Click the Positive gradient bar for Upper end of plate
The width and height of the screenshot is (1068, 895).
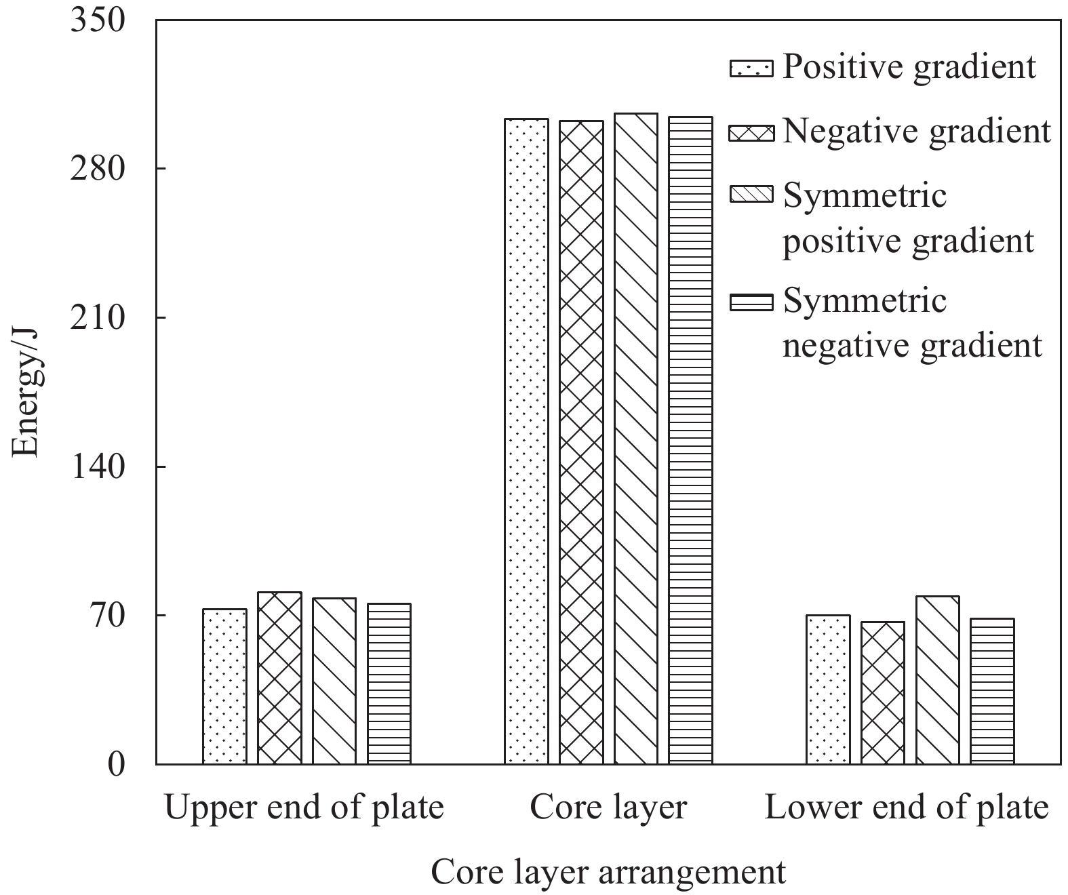click(224, 686)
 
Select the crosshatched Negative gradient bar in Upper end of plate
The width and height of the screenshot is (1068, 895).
click(279, 678)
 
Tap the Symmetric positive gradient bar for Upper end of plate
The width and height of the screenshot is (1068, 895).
click(334, 681)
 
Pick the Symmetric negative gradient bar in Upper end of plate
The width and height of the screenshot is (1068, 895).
click(389, 683)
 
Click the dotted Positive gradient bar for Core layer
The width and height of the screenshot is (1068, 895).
click(526, 441)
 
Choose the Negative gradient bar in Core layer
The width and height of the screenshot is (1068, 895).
click(581, 442)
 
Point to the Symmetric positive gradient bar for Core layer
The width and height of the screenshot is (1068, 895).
click(636, 439)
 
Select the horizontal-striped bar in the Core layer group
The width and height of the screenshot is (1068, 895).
click(690, 441)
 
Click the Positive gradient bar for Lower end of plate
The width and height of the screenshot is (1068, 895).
click(828, 690)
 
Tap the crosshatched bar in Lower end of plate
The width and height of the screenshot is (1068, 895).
click(883, 693)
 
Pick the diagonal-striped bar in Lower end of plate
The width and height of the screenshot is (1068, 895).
click(938, 680)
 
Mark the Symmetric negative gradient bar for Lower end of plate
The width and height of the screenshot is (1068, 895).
click(992, 691)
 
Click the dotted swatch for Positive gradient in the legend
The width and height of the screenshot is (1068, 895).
click(751, 68)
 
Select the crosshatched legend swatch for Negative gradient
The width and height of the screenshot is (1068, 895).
click(751, 132)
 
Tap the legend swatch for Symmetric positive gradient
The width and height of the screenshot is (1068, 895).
click(751, 195)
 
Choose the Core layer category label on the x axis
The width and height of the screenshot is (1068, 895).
click(608, 808)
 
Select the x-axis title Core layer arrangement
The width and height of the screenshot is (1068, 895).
click(608, 872)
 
